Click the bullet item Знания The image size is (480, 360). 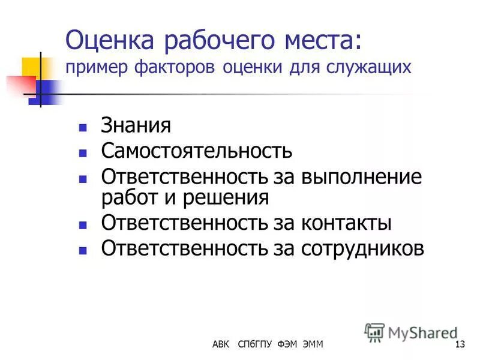coord(136,126)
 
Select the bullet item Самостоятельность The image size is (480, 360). coord(197,150)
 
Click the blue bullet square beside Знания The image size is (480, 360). coord(83,128)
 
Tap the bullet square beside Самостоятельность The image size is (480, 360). coord(83,152)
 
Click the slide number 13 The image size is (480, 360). coord(461,344)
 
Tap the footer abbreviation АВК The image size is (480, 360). coord(220,344)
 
